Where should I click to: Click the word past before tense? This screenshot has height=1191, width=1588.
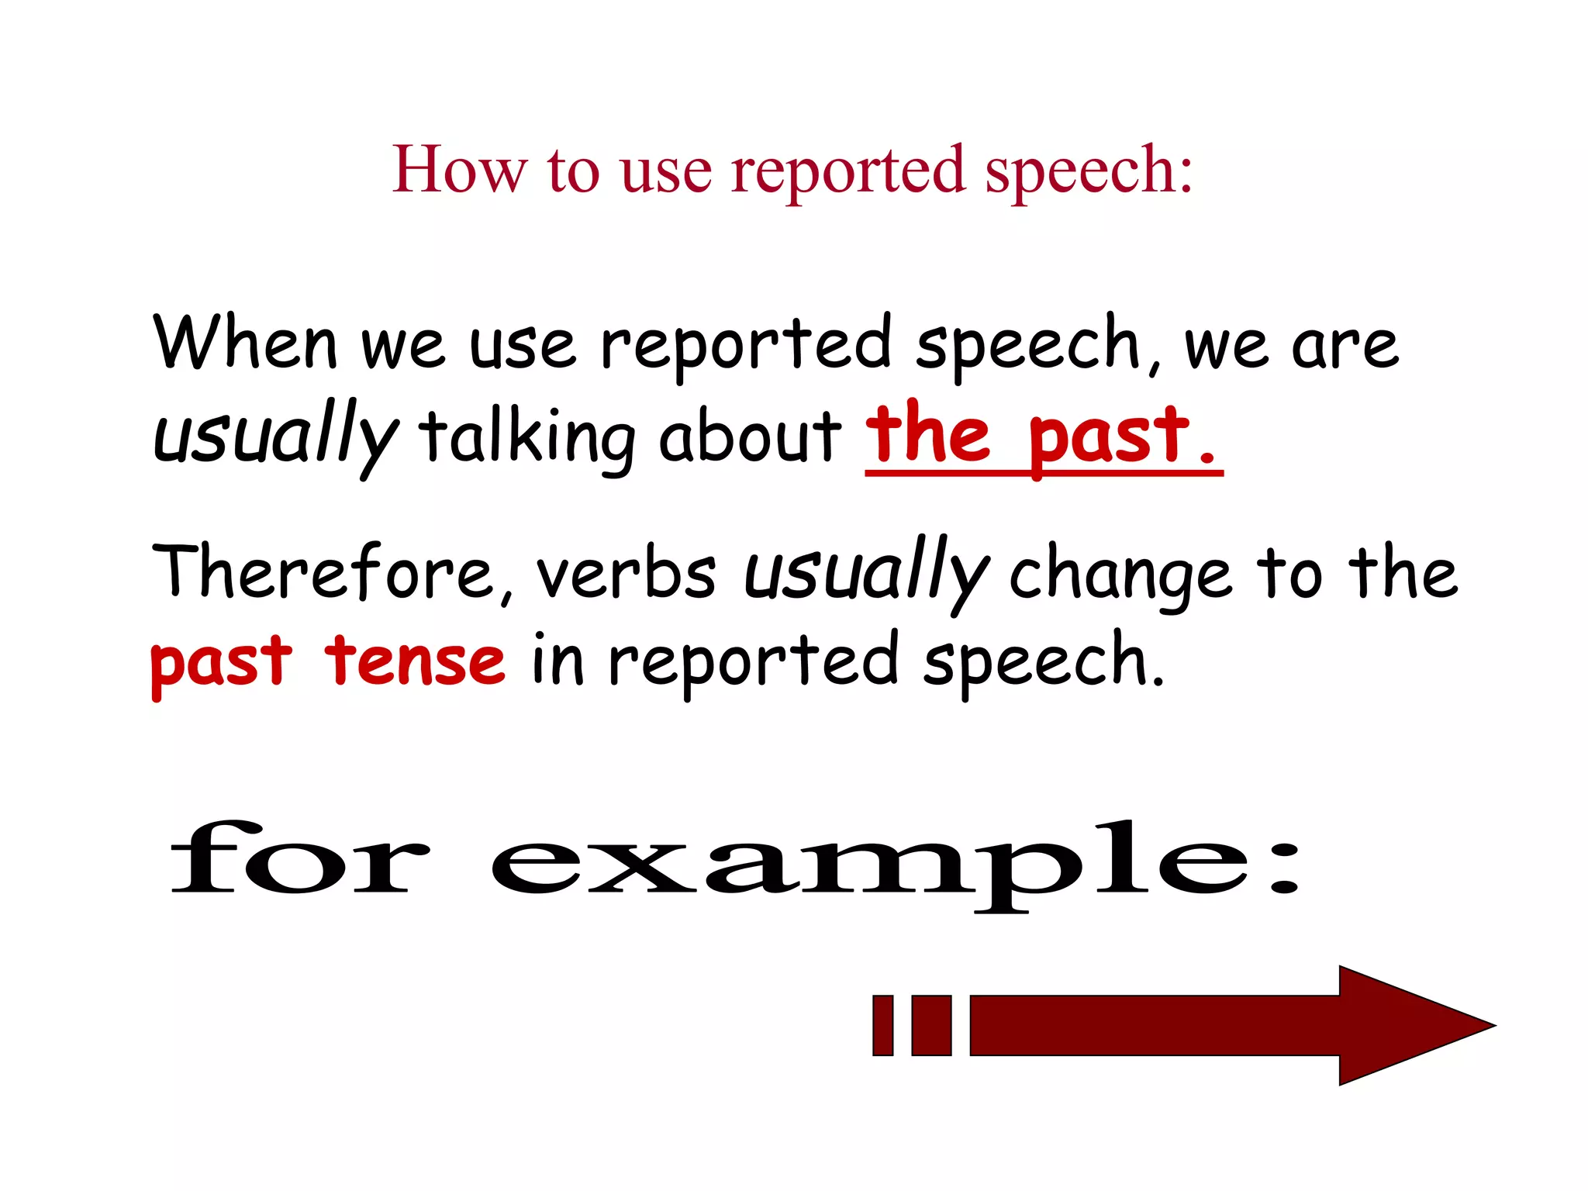tap(222, 662)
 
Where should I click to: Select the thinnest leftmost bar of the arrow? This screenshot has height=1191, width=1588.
tap(883, 1025)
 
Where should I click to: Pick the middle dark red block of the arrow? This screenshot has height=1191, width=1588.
tap(931, 1025)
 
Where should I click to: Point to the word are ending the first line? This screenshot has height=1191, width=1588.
tap(1345, 347)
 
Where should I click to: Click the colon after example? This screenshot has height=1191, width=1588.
tap(1283, 868)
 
